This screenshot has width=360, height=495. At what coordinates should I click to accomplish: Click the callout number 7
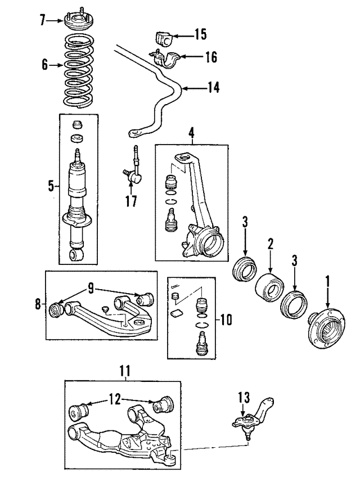click(x=43, y=21)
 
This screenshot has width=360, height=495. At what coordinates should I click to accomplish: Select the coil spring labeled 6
click(x=79, y=71)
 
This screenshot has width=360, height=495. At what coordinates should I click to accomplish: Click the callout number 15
click(x=200, y=34)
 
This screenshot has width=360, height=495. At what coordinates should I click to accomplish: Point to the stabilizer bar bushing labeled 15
click(x=163, y=38)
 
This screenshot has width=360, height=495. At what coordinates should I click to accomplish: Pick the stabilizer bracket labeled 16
click(x=164, y=58)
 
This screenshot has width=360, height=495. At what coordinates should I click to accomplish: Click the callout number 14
click(x=213, y=87)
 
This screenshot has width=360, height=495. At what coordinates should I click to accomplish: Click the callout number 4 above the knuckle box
click(x=191, y=134)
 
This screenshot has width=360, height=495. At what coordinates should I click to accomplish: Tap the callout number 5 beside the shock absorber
click(x=51, y=186)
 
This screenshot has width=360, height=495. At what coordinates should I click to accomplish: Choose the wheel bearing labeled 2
click(x=269, y=287)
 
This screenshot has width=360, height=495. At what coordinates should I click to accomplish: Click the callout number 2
click(x=271, y=244)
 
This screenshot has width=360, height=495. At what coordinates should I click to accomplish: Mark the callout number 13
click(x=244, y=398)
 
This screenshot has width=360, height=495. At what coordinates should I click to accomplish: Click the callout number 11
click(x=125, y=372)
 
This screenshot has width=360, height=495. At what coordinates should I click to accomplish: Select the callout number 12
click(x=115, y=399)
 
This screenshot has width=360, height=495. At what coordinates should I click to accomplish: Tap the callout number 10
click(x=226, y=320)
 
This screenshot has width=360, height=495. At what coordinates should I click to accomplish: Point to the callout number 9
click(x=91, y=288)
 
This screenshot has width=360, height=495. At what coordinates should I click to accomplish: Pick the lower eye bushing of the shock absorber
click(x=76, y=254)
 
